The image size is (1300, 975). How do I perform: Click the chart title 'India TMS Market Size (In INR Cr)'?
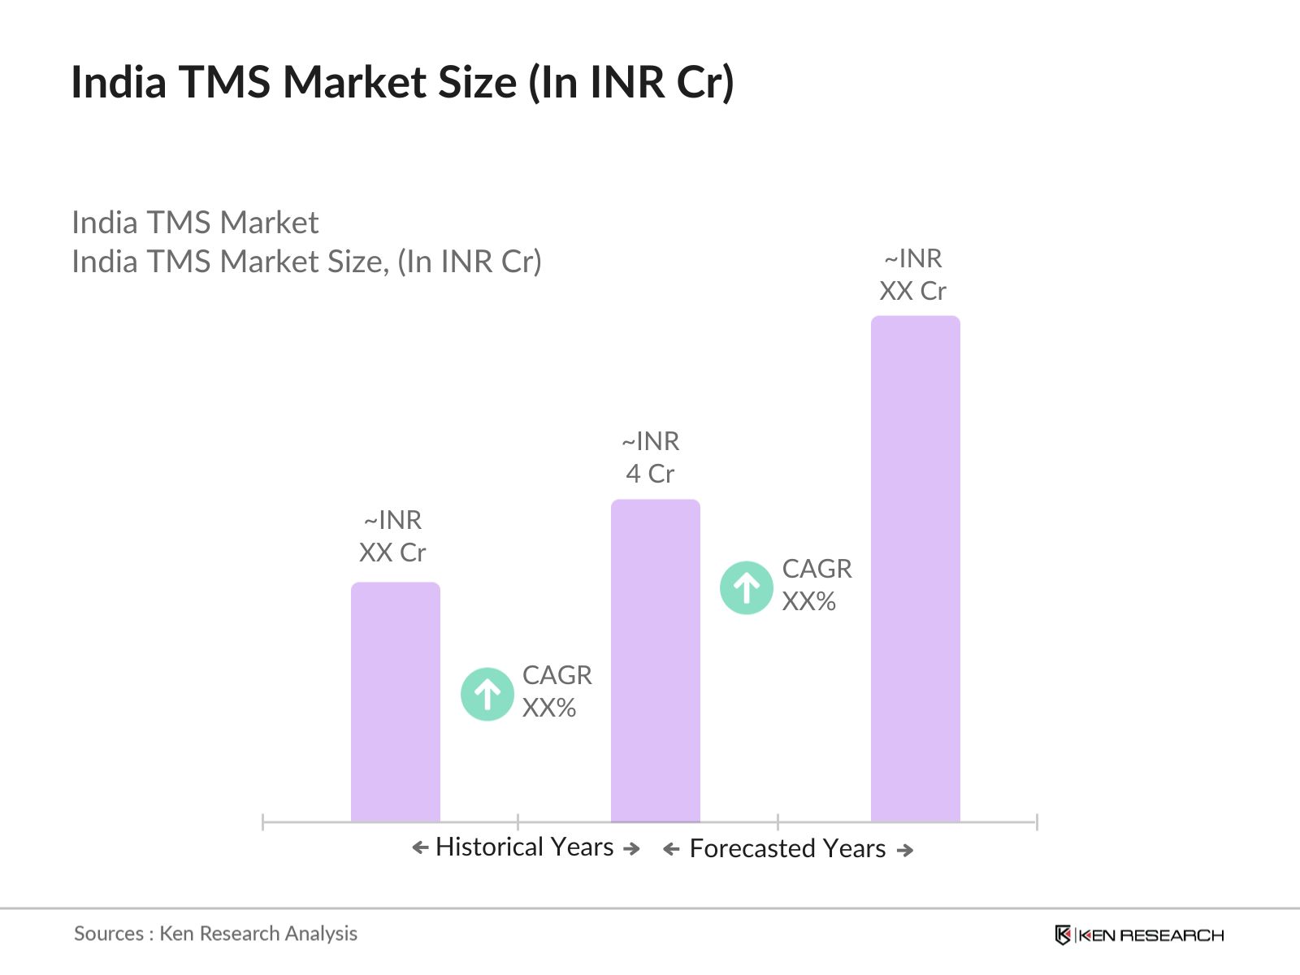click(402, 82)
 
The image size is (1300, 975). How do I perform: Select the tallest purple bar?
click(915, 569)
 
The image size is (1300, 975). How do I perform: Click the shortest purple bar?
click(395, 702)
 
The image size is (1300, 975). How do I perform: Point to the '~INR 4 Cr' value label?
click(650, 457)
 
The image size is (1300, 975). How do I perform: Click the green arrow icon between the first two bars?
click(487, 694)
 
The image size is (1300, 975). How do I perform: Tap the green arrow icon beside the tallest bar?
click(746, 587)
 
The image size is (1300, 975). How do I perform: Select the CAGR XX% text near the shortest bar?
click(557, 691)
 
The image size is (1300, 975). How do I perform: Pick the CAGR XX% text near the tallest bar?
click(817, 585)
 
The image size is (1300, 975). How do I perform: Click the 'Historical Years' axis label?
click(524, 847)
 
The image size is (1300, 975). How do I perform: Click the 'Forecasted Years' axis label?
click(787, 849)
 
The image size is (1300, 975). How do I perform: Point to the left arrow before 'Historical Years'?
click(420, 848)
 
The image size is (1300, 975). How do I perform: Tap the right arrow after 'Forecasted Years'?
click(905, 851)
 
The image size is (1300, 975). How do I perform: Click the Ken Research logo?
click(1139, 935)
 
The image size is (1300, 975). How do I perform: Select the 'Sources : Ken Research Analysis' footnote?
click(215, 934)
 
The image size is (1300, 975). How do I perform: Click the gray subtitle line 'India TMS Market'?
click(195, 223)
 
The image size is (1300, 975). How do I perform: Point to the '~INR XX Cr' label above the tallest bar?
click(913, 275)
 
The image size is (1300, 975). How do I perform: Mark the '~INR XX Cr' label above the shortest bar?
click(392, 536)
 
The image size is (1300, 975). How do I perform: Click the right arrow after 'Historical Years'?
click(631, 849)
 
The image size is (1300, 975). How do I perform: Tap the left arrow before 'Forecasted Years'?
click(671, 850)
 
